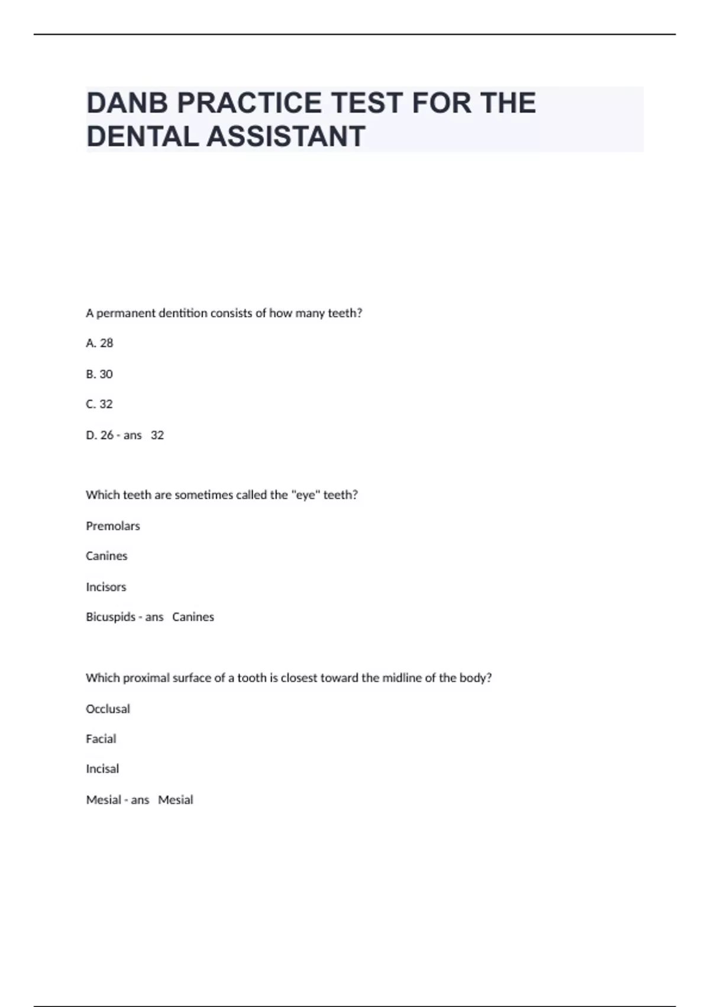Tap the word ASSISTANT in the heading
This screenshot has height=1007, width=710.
click(x=286, y=137)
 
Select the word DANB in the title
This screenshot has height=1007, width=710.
click(x=127, y=103)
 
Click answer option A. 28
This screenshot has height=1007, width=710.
click(x=99, y=343)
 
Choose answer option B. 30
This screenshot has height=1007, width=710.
click(x=99, y=374)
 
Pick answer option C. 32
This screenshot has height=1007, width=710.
click(x=99, y=404)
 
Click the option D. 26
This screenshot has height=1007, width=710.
click(x=99, y=435)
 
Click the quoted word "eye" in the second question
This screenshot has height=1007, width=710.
click(x=306, y=495)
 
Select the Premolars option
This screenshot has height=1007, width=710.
click(x=113, y=526)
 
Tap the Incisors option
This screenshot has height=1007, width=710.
click(x=106, y=587)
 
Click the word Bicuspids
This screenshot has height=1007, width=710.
click(x=111, y=617)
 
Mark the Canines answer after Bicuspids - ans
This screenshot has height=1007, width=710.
click(x=193, y=617)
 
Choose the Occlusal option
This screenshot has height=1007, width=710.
click(x=108, y=709)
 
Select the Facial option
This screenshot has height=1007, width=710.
click(x=101, y=739)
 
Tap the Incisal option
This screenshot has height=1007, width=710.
click(x=102, y=769)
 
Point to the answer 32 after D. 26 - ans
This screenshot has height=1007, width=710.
click(x=157, y=435)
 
